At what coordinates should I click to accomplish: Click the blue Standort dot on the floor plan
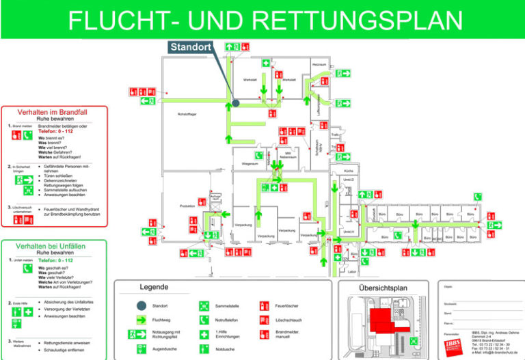(235, 103)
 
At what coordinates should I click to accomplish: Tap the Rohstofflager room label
(187, 113)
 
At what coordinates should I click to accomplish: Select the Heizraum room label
(319, 64)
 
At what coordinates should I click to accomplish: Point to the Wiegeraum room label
(250, 164)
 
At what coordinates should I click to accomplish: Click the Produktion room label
(187, 206)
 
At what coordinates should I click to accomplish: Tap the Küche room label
(349, 170)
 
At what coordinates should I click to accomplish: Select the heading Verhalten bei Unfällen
(54, 245)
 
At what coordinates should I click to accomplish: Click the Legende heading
(154, 288)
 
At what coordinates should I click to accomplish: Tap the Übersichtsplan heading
(383, 288)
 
